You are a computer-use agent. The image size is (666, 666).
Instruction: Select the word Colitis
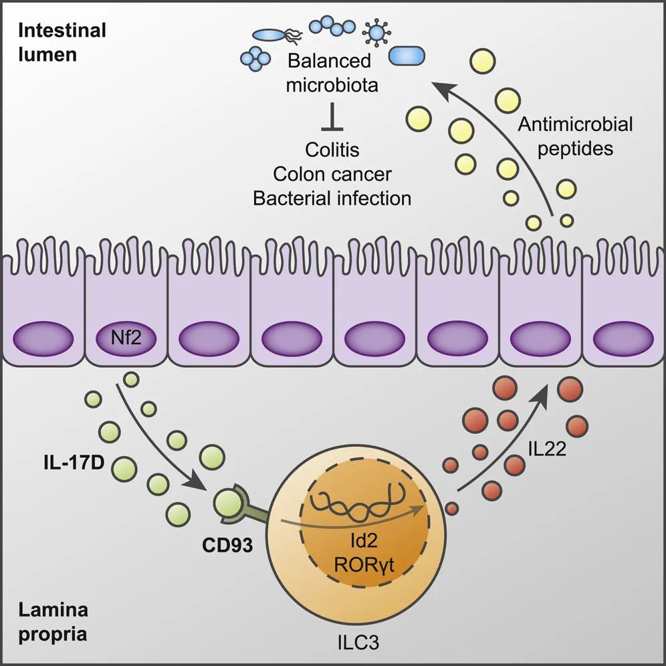(332, 148)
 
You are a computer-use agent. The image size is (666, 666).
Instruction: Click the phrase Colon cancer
(332, 173)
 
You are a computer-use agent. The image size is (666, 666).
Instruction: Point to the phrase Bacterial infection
(332, 198)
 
